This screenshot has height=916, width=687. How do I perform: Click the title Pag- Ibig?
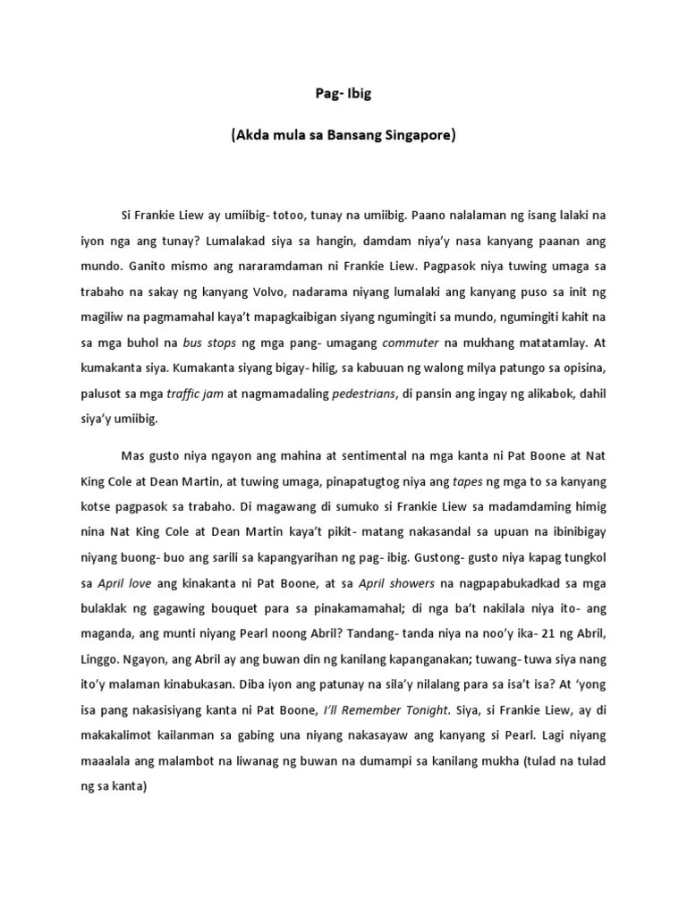[343, 91]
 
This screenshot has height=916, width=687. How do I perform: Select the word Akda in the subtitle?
[253, 137]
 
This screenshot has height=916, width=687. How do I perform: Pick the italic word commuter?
[411, 342]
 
